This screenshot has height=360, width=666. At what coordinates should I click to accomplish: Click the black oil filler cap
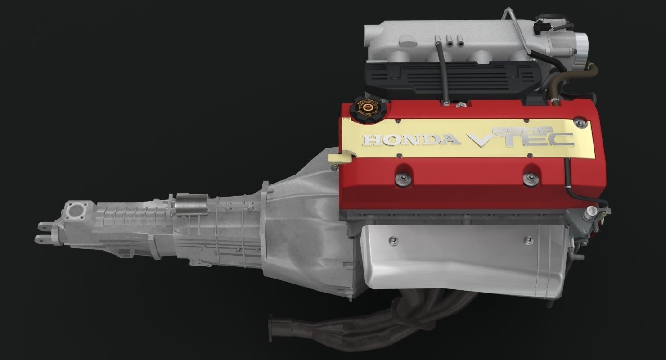coord(365,108)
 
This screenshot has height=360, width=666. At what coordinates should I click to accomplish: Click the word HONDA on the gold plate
coord(411,140)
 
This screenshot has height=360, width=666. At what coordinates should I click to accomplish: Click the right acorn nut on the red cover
coord(531,179)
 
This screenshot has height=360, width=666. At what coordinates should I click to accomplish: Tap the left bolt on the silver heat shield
coord(395,241)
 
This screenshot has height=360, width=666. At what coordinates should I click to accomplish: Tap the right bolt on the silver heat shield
coord(529,241)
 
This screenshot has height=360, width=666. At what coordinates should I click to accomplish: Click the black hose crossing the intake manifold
coord(441,72)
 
